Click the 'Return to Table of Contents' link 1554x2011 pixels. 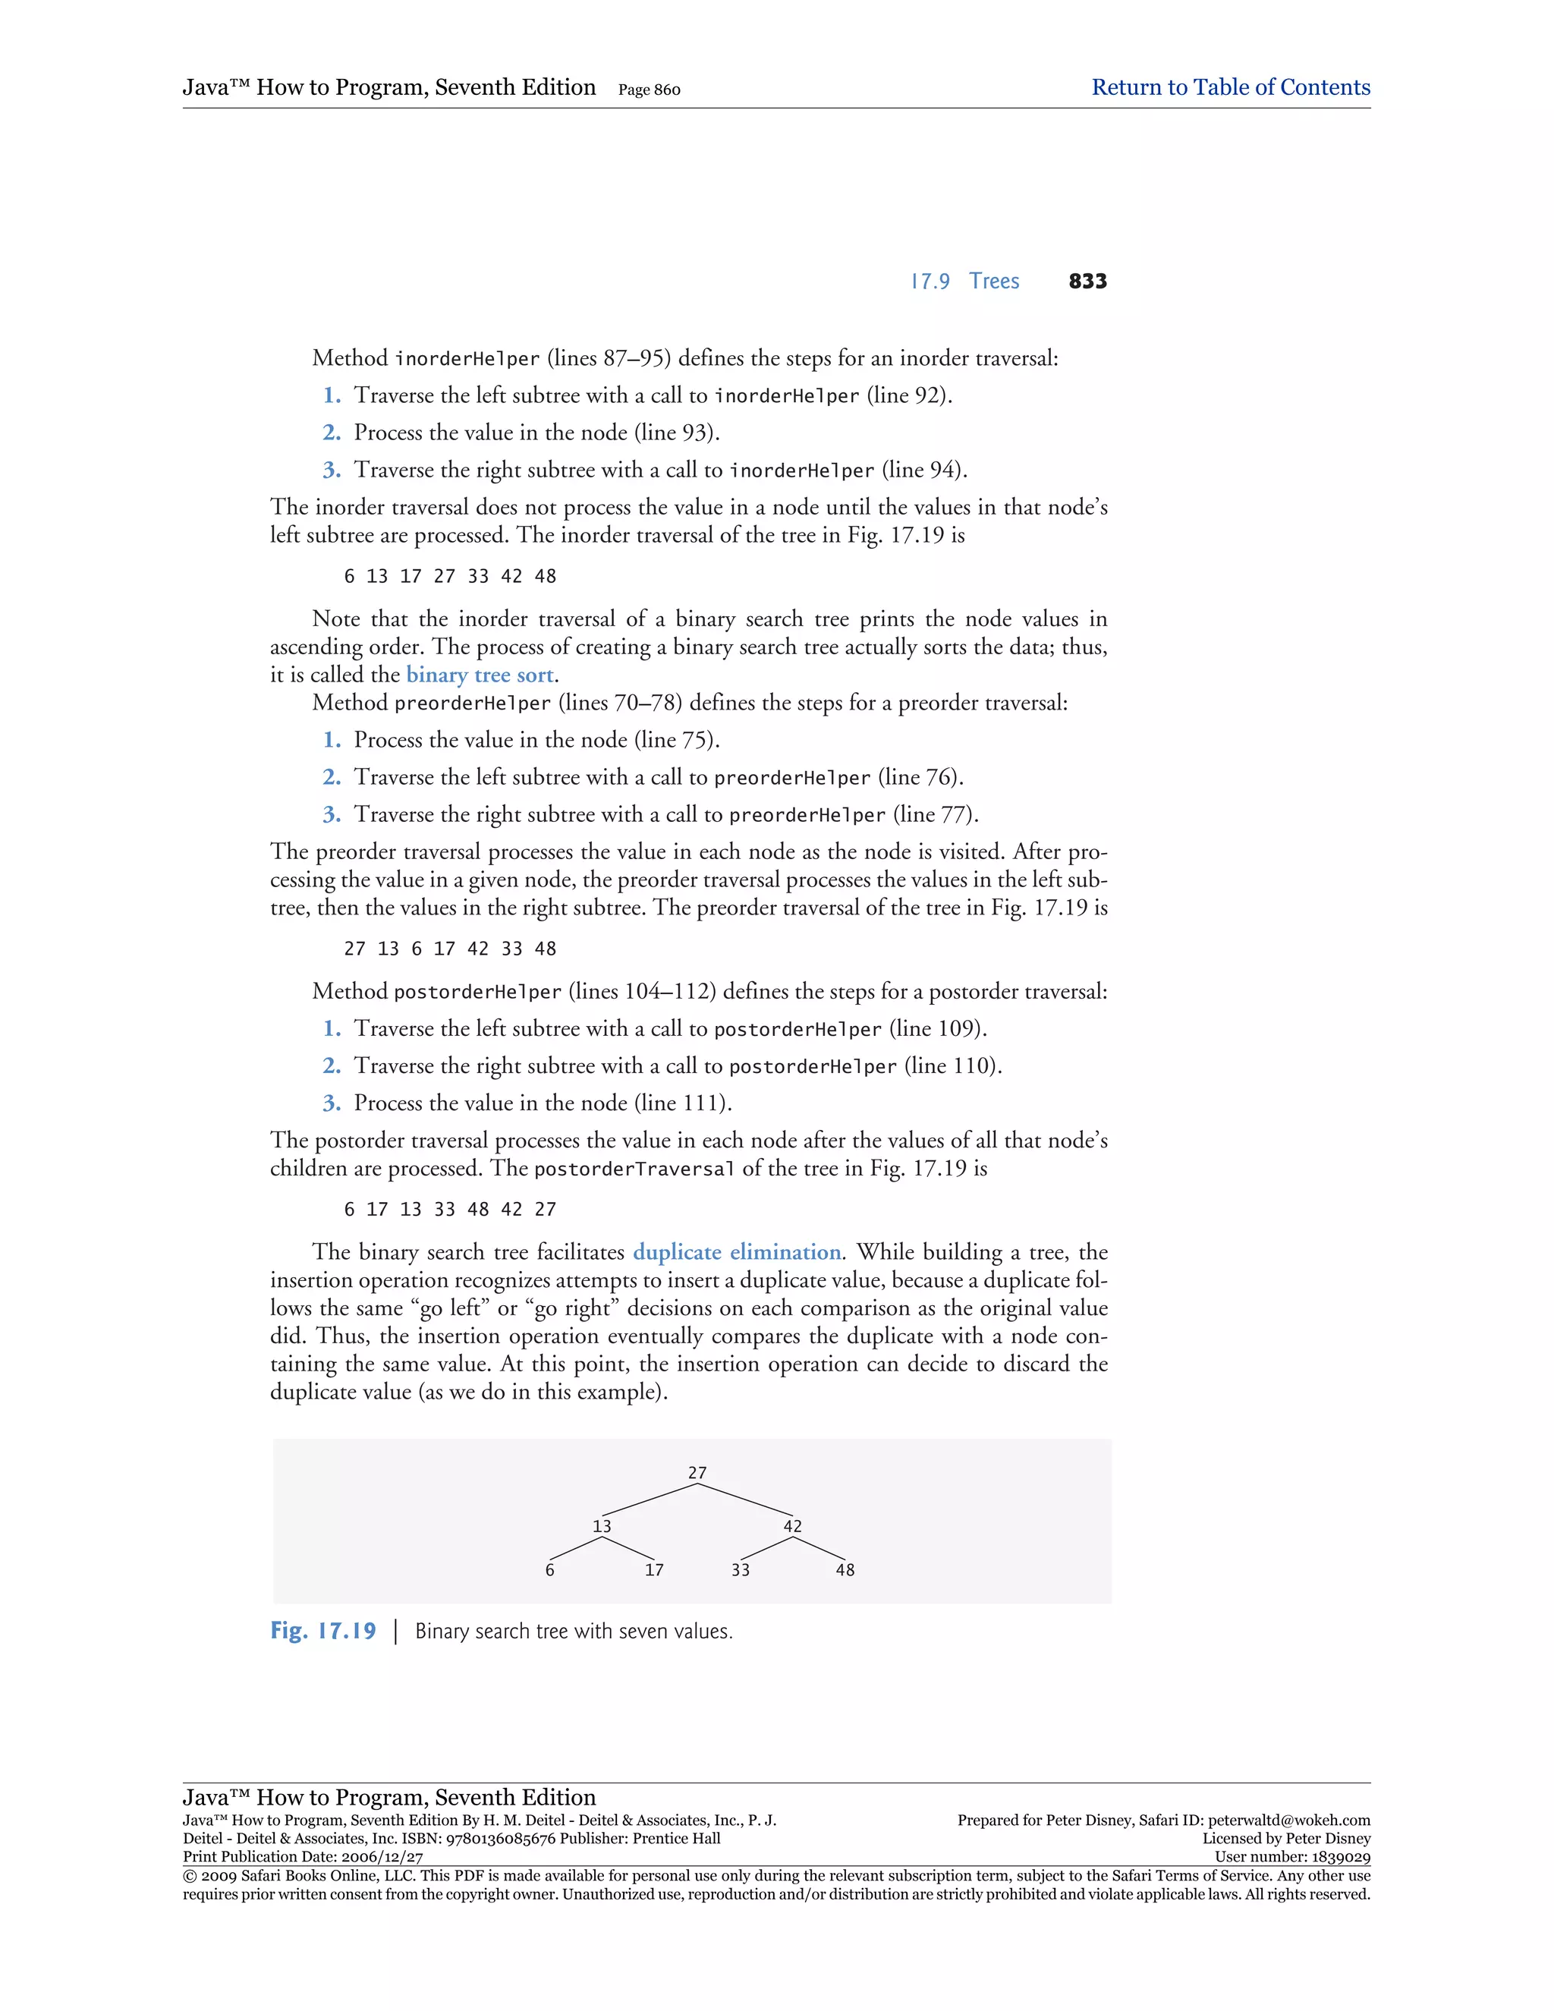click(x=1230, y=87)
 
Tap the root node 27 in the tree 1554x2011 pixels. click(x=697, y=1473)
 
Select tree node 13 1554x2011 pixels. click(x=601, y=1527)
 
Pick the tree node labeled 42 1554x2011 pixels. click(x=793, y=1527)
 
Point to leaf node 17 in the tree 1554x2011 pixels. click(x=653, y=1571)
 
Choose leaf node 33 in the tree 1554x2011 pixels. click(x=740, y=1571)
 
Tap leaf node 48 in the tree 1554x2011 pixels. click(x=845, y=1571)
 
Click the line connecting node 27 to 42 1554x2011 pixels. click(x=746, y=1499)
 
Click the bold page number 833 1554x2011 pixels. click(x=1087, y=282)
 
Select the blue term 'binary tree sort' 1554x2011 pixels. click(x=480, y=675)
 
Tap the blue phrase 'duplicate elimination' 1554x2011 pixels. click(x=737, y=1252)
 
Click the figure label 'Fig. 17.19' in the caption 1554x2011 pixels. click(x=323, y=1631)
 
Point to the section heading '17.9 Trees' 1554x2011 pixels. click(x=965, y=282)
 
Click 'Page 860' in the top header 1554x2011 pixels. click(x=649, y=90)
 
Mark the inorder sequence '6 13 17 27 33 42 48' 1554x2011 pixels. click(x=450, y=577)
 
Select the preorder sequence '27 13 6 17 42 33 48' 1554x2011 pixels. click(x=450, y=949)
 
